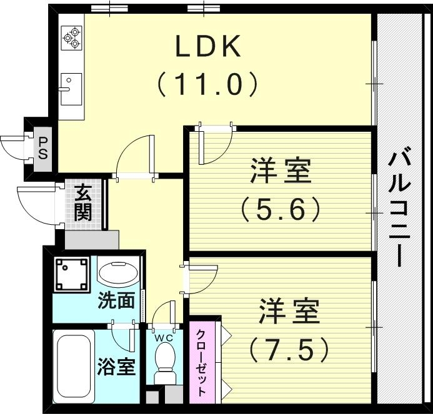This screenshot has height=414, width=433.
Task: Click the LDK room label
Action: (x=207, y=46)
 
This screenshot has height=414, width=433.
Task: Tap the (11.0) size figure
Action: (x=207, y=84)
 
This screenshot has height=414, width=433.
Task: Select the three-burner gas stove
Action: (x=71, y=38)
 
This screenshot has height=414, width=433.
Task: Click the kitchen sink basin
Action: (x=71, y=89)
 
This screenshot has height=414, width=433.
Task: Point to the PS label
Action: (x=42, y=149)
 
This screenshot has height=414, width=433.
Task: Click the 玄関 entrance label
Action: (x=83, y=203)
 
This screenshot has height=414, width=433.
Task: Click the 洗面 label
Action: (x=117, y=300)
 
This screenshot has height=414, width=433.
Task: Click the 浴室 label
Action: (x=116, y=367)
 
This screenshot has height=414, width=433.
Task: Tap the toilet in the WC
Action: (x=165, y=363)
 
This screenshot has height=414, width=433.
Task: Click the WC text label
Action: (x=165, y=337)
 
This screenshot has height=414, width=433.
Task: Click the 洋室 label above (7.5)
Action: (x=289, y=311)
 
